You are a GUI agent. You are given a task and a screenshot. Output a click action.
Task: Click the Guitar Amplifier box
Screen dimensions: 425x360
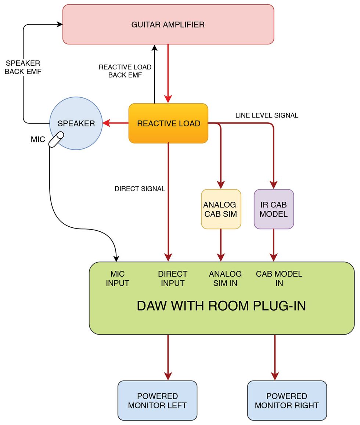(168, 25)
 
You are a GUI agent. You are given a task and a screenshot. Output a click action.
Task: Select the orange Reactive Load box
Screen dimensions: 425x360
(168, 123)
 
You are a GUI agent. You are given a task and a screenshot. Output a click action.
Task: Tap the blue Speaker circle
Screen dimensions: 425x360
(76, 123)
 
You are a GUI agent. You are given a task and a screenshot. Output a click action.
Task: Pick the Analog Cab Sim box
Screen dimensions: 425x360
(221, 209)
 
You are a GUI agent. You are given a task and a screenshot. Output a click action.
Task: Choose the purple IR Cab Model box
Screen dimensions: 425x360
(274, 209)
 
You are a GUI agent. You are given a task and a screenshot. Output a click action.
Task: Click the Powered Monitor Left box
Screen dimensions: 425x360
(157, 400)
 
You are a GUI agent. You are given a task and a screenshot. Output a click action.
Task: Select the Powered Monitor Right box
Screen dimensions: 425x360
(287, 400)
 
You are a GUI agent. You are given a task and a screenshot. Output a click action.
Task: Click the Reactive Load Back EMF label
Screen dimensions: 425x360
(125, 71)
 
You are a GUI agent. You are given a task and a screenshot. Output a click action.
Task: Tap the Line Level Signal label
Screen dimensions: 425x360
(267, 115)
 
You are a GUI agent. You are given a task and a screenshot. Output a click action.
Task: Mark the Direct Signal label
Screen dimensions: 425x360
(140, 189)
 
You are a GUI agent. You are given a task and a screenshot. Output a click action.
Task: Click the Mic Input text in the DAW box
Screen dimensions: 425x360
(117, 278)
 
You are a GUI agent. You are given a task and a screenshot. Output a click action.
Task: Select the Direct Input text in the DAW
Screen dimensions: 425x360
(173, 278)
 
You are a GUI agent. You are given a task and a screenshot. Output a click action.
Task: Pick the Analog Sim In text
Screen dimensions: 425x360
(225, 278)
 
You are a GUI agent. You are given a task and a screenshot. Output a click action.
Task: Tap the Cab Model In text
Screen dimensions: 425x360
(279, 278)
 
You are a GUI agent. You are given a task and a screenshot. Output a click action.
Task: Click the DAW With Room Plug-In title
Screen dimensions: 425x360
(221, 306)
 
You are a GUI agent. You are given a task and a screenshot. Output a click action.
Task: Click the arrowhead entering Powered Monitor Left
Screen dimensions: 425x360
(168, 376)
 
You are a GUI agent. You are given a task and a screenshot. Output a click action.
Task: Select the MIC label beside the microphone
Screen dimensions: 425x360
(38, 140)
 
